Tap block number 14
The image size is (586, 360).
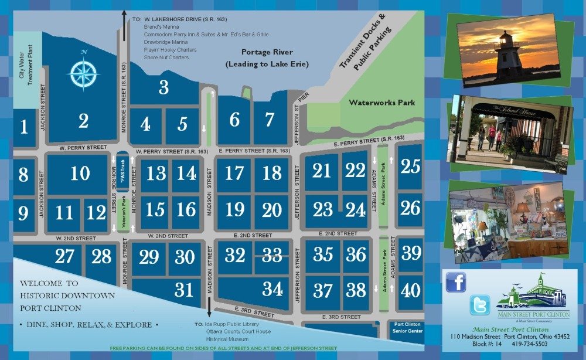(187, 173)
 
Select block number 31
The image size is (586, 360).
(184, 289)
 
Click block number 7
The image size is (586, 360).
(270, 120)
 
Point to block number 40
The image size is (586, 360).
(411, 290)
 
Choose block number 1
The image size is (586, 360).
(24, 126)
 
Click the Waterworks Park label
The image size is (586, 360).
(382, 103)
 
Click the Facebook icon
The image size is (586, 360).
(455, 282)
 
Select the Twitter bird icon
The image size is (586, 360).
(479, 305)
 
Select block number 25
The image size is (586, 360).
(411, 167)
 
